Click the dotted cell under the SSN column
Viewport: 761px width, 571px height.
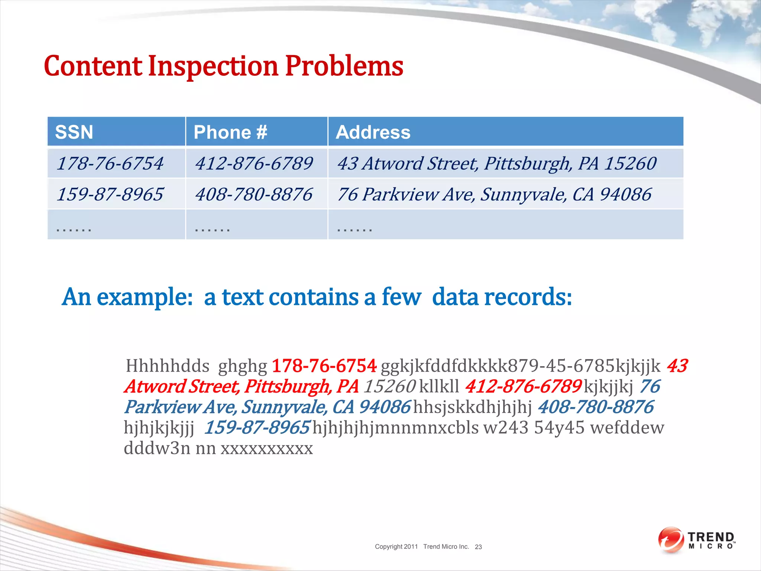pos(116,225)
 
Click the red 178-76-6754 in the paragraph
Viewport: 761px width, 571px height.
pos(324,366)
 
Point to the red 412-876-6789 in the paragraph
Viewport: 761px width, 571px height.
pos(523,386)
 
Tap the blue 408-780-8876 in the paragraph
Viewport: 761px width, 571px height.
pos(595,407)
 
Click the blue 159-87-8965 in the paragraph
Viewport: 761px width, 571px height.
pos(257,428)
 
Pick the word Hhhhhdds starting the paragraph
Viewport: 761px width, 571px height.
pos(168,366)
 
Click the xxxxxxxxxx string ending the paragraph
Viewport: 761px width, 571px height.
pos(267,448)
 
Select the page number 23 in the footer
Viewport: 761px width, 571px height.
pos(478,547)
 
